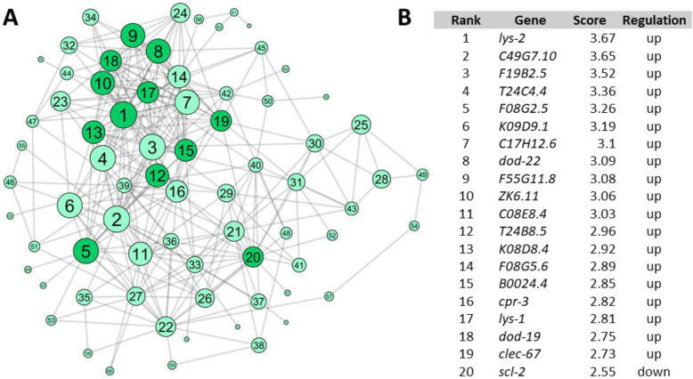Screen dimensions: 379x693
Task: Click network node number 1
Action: [124, 115]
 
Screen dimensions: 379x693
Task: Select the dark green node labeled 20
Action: [253, 257]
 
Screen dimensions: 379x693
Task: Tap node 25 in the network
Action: [361, 125]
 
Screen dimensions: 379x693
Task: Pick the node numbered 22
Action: [166, 327]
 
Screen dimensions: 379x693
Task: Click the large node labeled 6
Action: [69, 206]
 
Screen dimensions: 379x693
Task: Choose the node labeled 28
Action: [381, 180]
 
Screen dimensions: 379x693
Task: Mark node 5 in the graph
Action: [86, 252]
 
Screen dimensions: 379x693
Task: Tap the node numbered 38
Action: [258, 344]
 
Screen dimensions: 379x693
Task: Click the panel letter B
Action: [404, 16]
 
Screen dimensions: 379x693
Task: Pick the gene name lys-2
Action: [512, 39]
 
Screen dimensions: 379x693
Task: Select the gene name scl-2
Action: [512, 366]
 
